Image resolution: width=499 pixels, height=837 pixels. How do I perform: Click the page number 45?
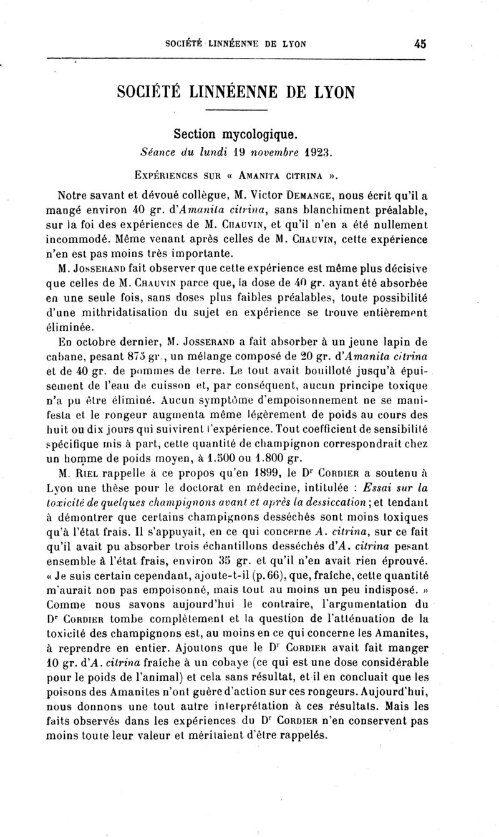419,44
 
